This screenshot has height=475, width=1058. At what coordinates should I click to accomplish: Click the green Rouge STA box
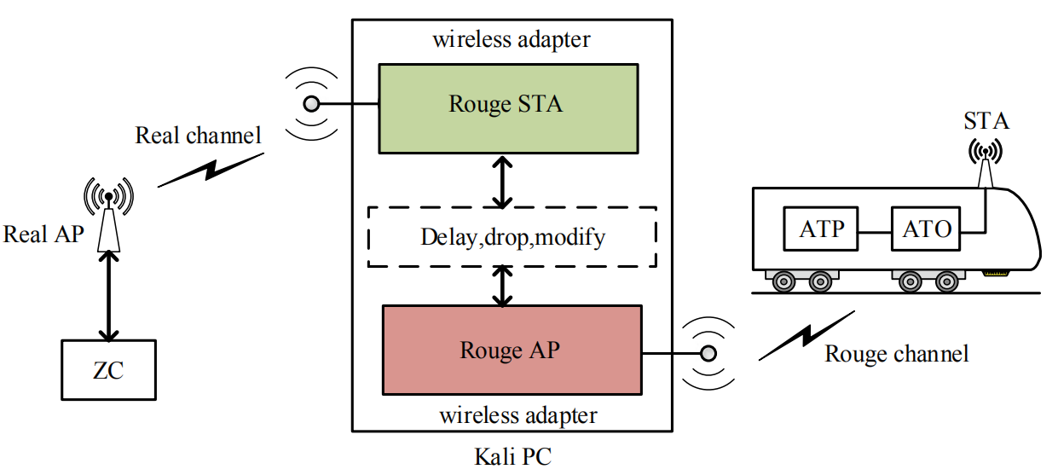coord(507,106)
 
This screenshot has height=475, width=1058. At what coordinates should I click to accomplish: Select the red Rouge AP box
coord(511,350)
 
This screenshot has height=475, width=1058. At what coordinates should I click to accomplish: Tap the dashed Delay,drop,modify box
coord(512,236)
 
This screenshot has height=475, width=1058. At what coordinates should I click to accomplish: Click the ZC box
coord(109,369)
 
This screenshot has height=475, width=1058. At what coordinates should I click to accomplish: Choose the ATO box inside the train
coord(922,229)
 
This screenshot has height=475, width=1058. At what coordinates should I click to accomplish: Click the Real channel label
coord(198,136)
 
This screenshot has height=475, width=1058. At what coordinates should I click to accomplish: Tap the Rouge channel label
coord(896,353)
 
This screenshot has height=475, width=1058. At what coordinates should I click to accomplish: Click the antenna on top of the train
coord(986,166)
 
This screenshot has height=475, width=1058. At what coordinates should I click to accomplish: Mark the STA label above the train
coord(986,121)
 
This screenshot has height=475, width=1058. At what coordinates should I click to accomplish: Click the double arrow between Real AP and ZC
coord(108,296)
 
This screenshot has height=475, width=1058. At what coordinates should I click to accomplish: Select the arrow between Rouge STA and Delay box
coord(504,180)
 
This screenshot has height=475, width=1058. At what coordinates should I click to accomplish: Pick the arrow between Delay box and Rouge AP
coord(504,285)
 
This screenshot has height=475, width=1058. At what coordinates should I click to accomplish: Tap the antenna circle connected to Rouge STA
coord(311,104)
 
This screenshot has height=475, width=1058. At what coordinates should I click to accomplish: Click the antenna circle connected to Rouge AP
coord(708,352)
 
